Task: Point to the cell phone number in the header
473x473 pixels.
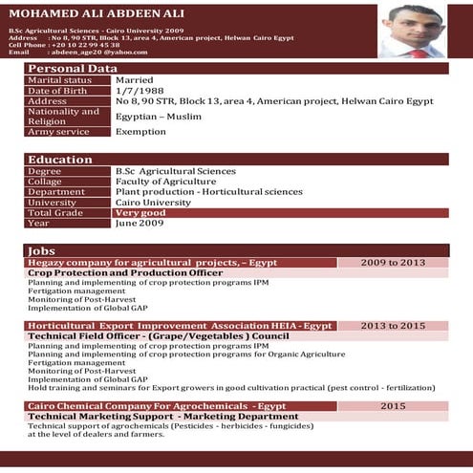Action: (x=85, y=45)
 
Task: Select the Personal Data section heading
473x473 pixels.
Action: (x=72, y=69)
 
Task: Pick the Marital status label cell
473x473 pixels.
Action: (x=60, y=80)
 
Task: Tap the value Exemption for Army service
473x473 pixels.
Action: (x=140, y=132)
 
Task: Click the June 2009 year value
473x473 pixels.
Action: (x=139, y=223)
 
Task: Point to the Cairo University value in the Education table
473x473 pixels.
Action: (x=152, y=203)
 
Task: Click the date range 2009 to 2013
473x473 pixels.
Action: (x=393, y=262)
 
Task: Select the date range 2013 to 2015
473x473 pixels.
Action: (x=393, y=326)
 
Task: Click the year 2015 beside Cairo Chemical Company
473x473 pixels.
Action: (x=393, y=406)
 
